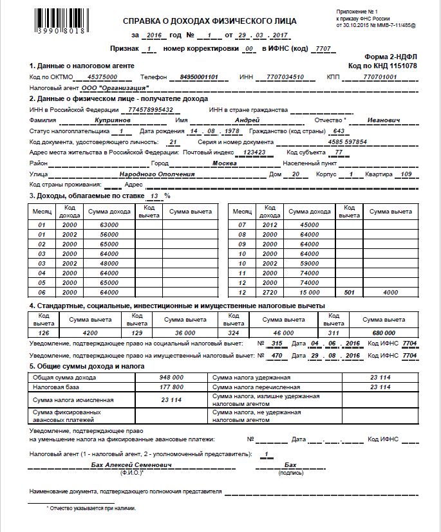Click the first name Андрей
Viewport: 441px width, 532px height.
coord(246,120)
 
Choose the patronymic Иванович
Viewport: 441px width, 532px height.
coord(384,120)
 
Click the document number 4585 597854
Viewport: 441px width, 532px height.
coord(347,142)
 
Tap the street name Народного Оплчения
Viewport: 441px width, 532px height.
coord(157,174)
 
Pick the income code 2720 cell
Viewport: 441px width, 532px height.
coord(269,291)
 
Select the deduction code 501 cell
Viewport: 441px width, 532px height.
coord(350,291)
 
